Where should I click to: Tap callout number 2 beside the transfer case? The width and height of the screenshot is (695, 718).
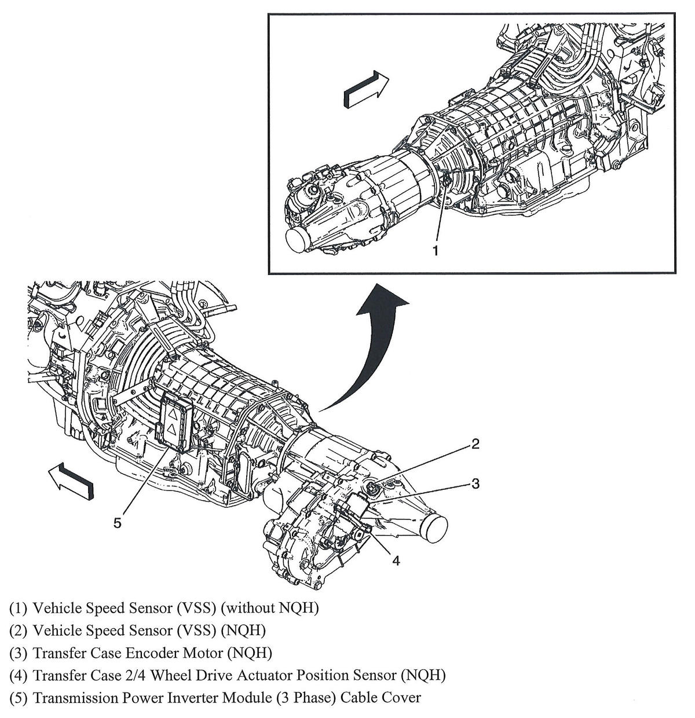click(x=475, y=444)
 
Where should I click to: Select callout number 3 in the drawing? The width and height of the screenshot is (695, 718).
click(x=475, y=483)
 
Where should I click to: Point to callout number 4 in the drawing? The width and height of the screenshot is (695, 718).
click(x=396, y=560)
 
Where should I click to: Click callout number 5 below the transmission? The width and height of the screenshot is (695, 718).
click(x=118, y=523)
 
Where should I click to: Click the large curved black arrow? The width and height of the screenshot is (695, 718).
click(x=371, y=347)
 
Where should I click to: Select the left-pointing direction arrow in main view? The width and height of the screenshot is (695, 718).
click(x=71, y=480)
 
